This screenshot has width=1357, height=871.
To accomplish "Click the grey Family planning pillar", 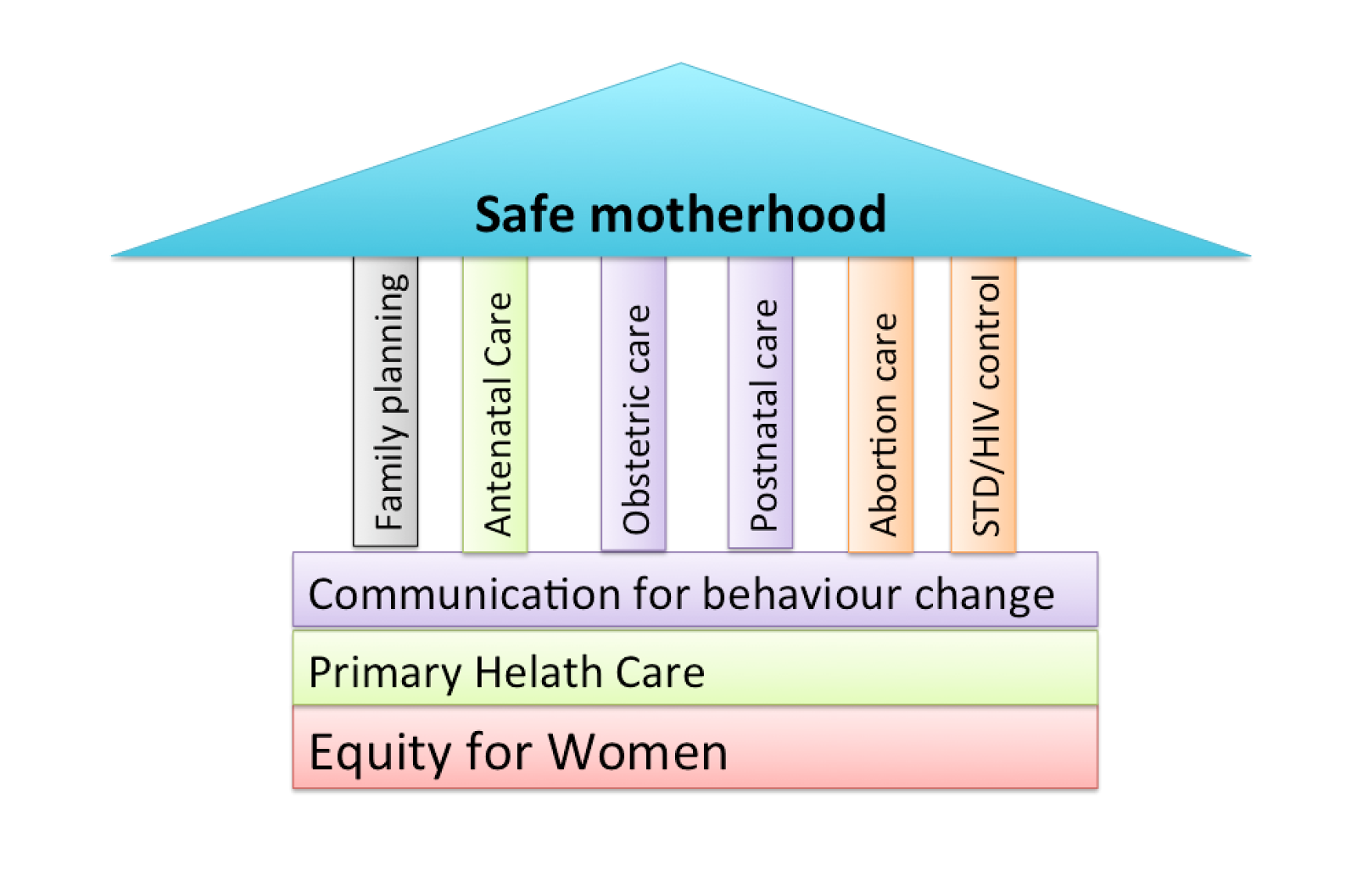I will click(x=386, y=401).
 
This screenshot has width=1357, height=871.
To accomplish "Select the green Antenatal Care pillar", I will click(x=495, y=405).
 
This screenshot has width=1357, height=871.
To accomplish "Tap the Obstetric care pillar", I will click(x=634, y=404).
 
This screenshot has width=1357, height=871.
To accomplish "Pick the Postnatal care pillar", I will click(x=761, y=403).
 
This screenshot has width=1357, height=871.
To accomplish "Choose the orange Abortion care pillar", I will click(x=881, y=405).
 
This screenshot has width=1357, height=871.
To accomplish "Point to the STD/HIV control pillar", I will click(x=984, y=405).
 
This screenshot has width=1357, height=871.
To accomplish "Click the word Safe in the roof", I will click(x=526, y=214).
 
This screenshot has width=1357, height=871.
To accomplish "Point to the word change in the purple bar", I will click(x=984, y=595).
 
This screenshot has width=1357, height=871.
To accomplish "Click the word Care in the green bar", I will click(x=660, y=673).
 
